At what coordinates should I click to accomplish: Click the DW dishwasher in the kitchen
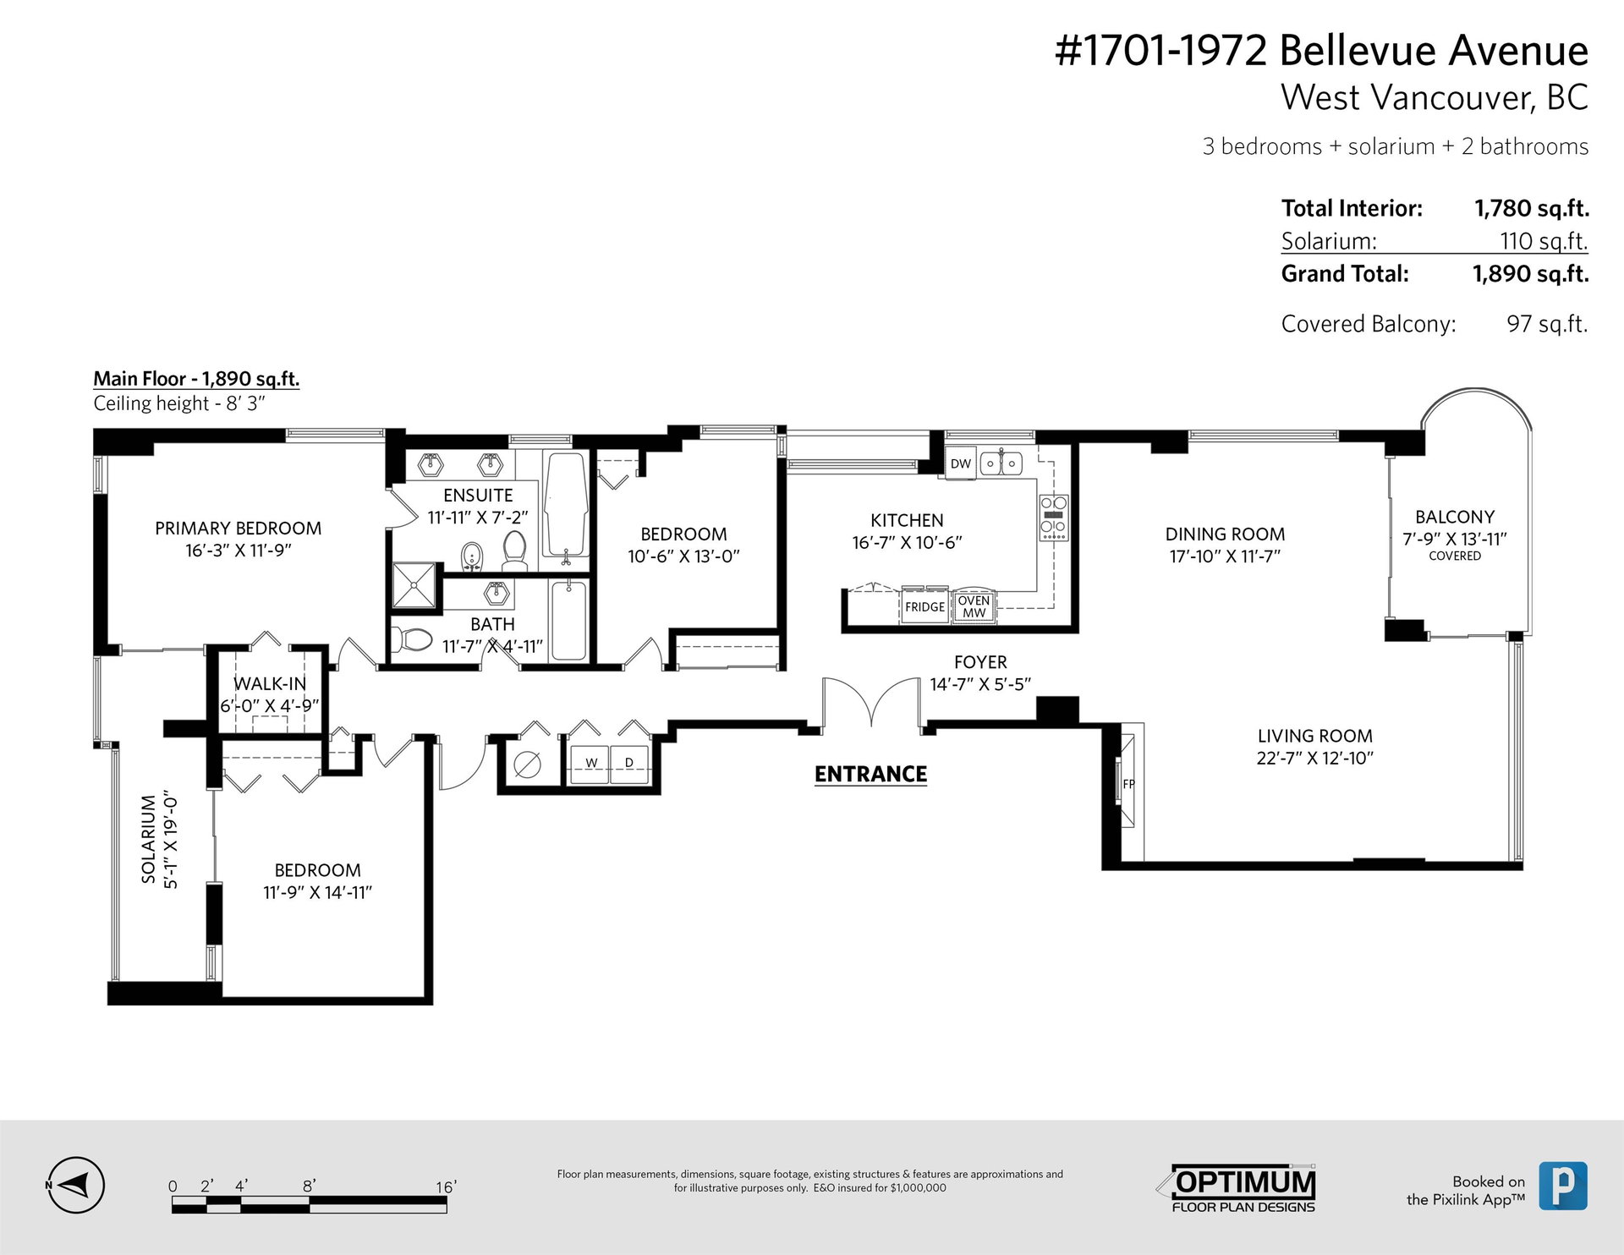click(961, 463)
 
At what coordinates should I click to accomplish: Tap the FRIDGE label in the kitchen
click(924, 606)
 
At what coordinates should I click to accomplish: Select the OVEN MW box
click(974, 606)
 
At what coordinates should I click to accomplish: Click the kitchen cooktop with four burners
click(1054, 518)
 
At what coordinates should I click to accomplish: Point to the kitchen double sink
click(1001, 463)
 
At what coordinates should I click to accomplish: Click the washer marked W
click(590, 764)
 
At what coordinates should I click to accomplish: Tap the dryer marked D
click(629, 764)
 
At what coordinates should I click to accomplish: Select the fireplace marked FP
click(1127, 784)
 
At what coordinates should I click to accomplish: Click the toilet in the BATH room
click(413, 639)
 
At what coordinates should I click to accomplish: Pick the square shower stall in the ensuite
click(415, 585)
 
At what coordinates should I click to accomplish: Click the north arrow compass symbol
click(74, 1186)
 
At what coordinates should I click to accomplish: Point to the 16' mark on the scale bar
click(445, 1187)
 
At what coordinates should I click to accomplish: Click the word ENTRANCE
click(870, 774)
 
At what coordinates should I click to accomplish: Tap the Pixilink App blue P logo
click(1563, 1186)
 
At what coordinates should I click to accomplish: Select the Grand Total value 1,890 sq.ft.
click(1530, 274)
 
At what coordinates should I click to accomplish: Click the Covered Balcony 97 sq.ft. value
click(1547, 324)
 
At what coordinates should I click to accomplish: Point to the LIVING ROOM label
click(1314, 736)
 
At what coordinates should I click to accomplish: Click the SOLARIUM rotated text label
click(149, 839)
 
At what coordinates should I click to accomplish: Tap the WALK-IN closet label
click(270, 683)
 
